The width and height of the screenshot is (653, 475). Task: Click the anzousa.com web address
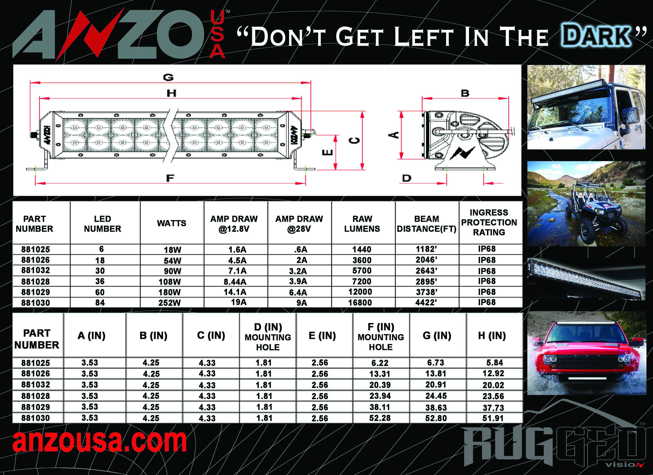[x=100, y=441]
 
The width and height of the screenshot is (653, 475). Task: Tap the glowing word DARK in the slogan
[x=596, y=36]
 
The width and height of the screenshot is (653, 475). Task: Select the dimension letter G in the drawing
[x=168, y=77]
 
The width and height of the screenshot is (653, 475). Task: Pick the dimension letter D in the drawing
[x=406, y=178]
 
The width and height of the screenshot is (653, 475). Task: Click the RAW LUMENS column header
[x=362, y=224]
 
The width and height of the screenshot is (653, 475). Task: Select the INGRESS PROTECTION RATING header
[x=489, y=222]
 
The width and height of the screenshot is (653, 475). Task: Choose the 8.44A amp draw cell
[x=235, y=281]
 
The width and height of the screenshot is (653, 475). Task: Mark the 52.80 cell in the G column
[x=436, y=418]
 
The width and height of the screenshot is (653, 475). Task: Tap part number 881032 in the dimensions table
[x=35, y=385]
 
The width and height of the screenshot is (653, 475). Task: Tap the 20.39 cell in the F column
[x=380, y=385]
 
